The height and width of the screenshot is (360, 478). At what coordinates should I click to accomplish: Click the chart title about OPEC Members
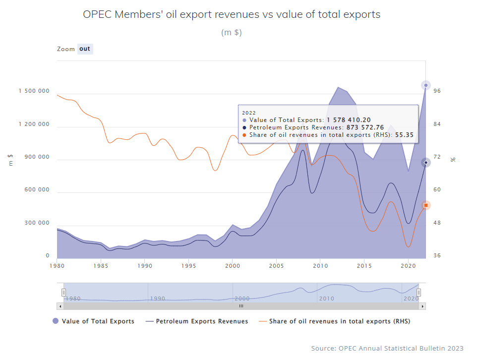(x=232, y=14)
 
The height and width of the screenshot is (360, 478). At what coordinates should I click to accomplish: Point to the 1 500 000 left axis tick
(x=34, y=91)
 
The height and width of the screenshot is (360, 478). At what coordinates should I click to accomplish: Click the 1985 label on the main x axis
(x=101, y=266)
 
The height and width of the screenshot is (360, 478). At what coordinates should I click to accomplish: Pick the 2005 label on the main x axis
(x=276, y=266)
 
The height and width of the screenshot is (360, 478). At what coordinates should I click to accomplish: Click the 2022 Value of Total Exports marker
(x=425, y=85)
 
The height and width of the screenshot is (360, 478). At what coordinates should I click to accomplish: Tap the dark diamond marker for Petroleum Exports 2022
(x=425, y=163)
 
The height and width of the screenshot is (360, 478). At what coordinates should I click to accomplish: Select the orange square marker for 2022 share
(x=425, y=205)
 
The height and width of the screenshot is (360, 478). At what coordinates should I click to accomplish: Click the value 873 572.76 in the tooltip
(x=365, y=127)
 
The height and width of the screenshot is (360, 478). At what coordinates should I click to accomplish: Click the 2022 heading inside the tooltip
(x=249, y=113)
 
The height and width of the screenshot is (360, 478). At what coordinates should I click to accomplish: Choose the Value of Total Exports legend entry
(x=93, y=321)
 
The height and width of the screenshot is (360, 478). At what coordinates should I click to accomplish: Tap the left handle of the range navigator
(x=63, y=293)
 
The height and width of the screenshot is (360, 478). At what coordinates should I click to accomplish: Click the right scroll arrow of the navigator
(x=422, y=306)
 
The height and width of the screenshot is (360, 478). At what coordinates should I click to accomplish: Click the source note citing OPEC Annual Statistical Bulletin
(x=387, y=349)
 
